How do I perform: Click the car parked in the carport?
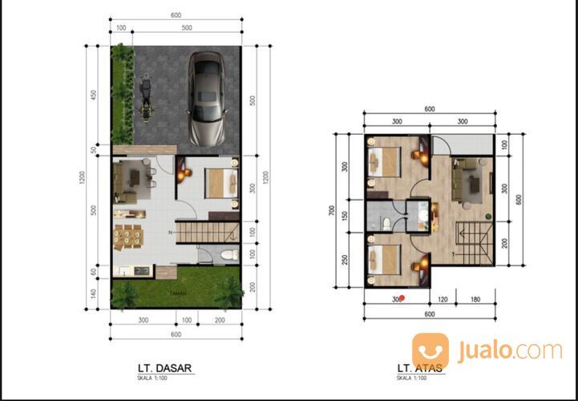point(207,99)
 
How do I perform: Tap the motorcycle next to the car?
point(147,96)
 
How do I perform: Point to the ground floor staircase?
point(208,233)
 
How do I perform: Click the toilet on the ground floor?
point(228,255)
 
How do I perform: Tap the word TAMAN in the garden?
point(177,294)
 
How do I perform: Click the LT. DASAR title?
point(164,370)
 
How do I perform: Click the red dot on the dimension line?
point(402,298)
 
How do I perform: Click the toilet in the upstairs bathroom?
point(386,221)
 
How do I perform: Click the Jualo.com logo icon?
point(430,350)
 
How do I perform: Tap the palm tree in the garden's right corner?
point(228,292)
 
